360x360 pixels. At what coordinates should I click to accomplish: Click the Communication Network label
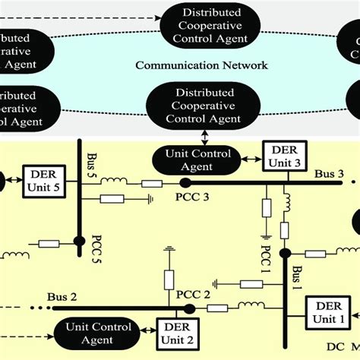click(x=201, y=65)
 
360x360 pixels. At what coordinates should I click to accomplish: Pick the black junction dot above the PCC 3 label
click(x=185, y=183)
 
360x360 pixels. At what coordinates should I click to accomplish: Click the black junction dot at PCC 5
click(x=79, y=242)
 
